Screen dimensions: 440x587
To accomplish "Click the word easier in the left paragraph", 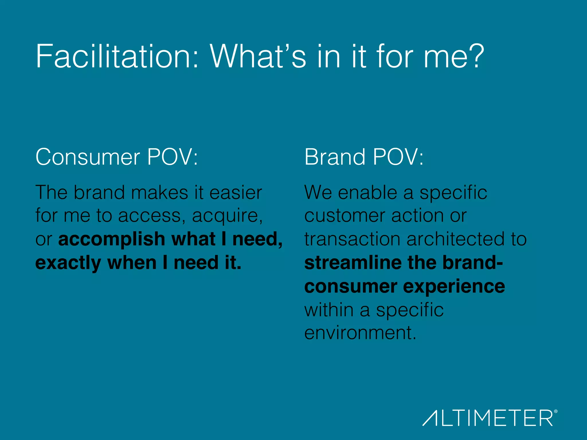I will tap(236, 192).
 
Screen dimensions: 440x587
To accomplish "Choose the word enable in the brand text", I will tap(367, 192).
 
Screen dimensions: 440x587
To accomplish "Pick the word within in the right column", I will tap(329, 310).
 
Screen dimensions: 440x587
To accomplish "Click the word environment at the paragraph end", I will tap(360, 333).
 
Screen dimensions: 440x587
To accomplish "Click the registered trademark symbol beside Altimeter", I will tap(556, 411).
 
